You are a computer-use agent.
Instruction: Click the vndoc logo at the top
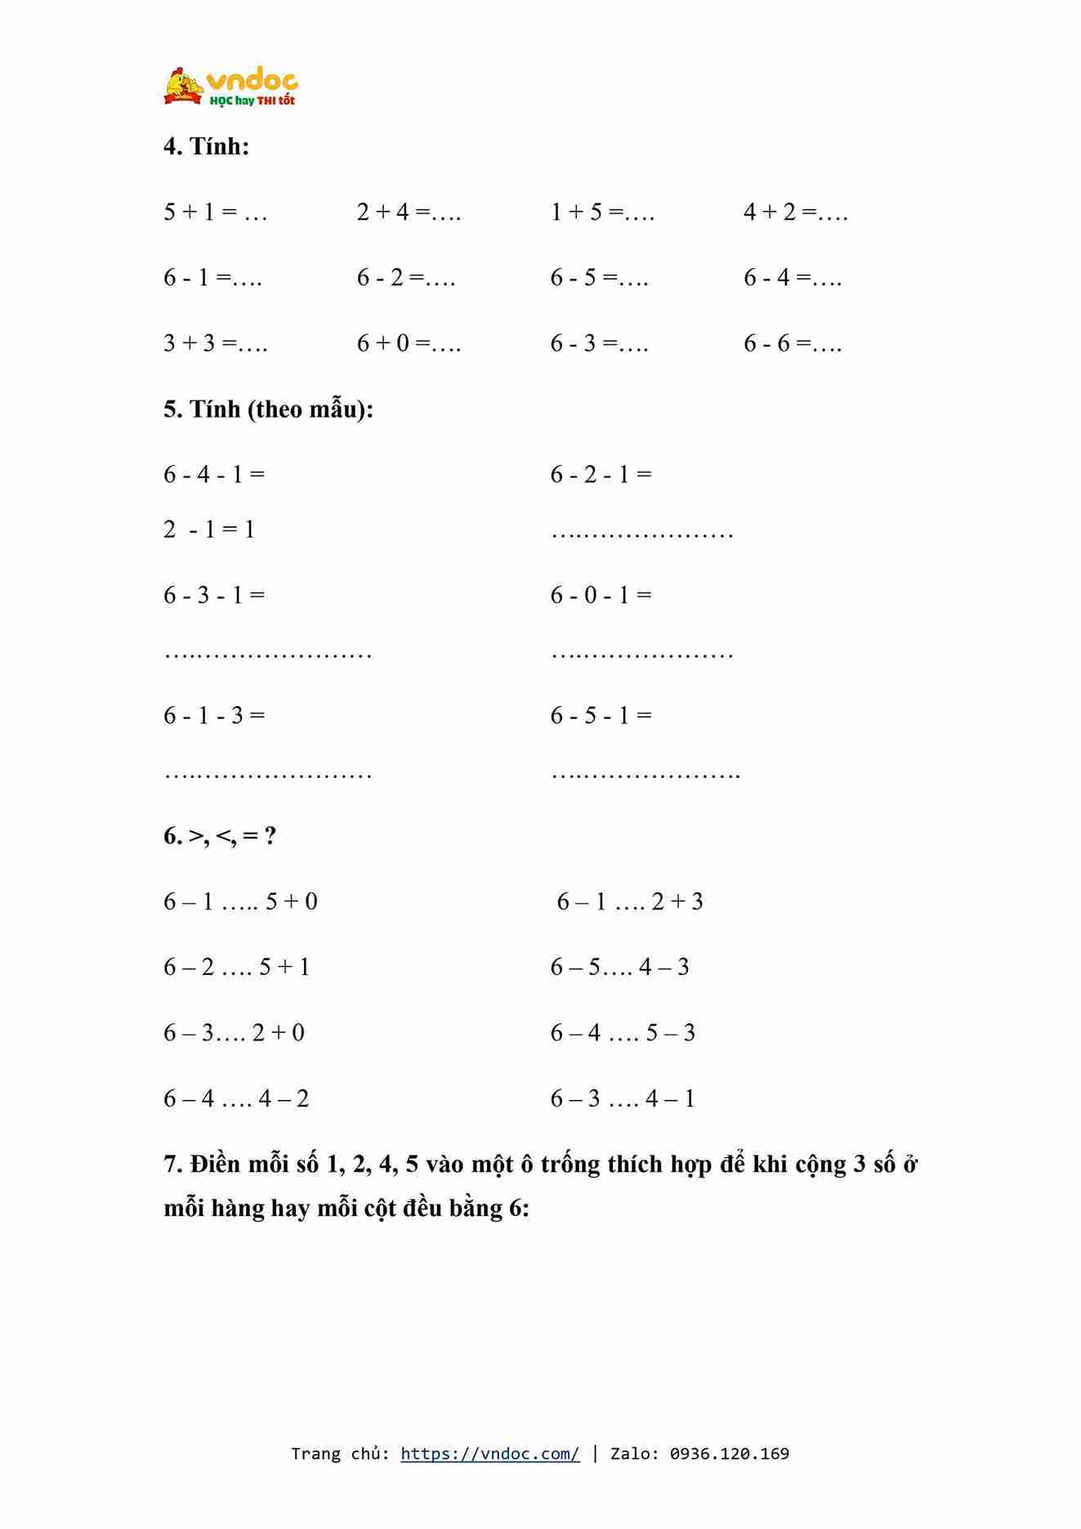tap(230, 87)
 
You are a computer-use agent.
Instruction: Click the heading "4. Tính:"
tap(207, 146)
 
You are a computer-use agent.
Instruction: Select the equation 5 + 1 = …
tap(216, 212)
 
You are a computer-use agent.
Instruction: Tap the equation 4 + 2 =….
tap(796, 212)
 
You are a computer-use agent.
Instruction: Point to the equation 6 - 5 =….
tap(599, 278)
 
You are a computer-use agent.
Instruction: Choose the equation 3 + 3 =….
tap(216, 343)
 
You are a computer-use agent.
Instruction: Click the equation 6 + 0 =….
tap(409, 343)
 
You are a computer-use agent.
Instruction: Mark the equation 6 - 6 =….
tap(793, 343)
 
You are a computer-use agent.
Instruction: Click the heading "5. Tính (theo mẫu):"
tap(268, 409)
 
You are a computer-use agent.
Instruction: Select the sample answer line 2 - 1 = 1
tap(209, 530)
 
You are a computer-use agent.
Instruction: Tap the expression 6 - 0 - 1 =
tap(601, 595)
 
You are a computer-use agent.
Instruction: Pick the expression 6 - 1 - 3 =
tap(214, 716)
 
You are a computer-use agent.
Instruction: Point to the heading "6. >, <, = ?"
tap(220, 836)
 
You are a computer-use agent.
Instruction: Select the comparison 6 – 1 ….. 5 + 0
tap(240, 901)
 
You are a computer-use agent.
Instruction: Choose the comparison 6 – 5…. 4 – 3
tap(619, 968)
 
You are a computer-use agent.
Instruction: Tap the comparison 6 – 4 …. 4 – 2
tap(236, 1098)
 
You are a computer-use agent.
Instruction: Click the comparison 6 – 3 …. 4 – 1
tap(623, 1098)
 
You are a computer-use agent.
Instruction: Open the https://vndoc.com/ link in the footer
tap(490, 1453)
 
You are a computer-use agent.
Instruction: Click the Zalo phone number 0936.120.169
tap(729, 1453)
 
